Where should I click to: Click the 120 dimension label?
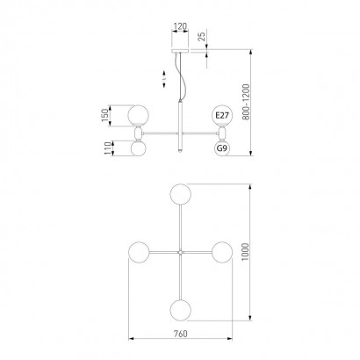[x=180, y=26]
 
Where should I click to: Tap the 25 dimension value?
[x=202, y=36]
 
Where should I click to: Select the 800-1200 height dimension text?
[x=246, y=102]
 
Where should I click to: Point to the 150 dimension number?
[x=104, y=116]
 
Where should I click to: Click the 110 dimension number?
[x=108, y=148]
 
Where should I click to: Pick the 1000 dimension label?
[x=246, y=252]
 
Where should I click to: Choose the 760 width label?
[x=180, y=334]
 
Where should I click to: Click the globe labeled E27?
[x=222, y=116]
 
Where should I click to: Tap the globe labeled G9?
[x=222, y=148]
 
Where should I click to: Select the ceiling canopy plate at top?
[x=180, y=51]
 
